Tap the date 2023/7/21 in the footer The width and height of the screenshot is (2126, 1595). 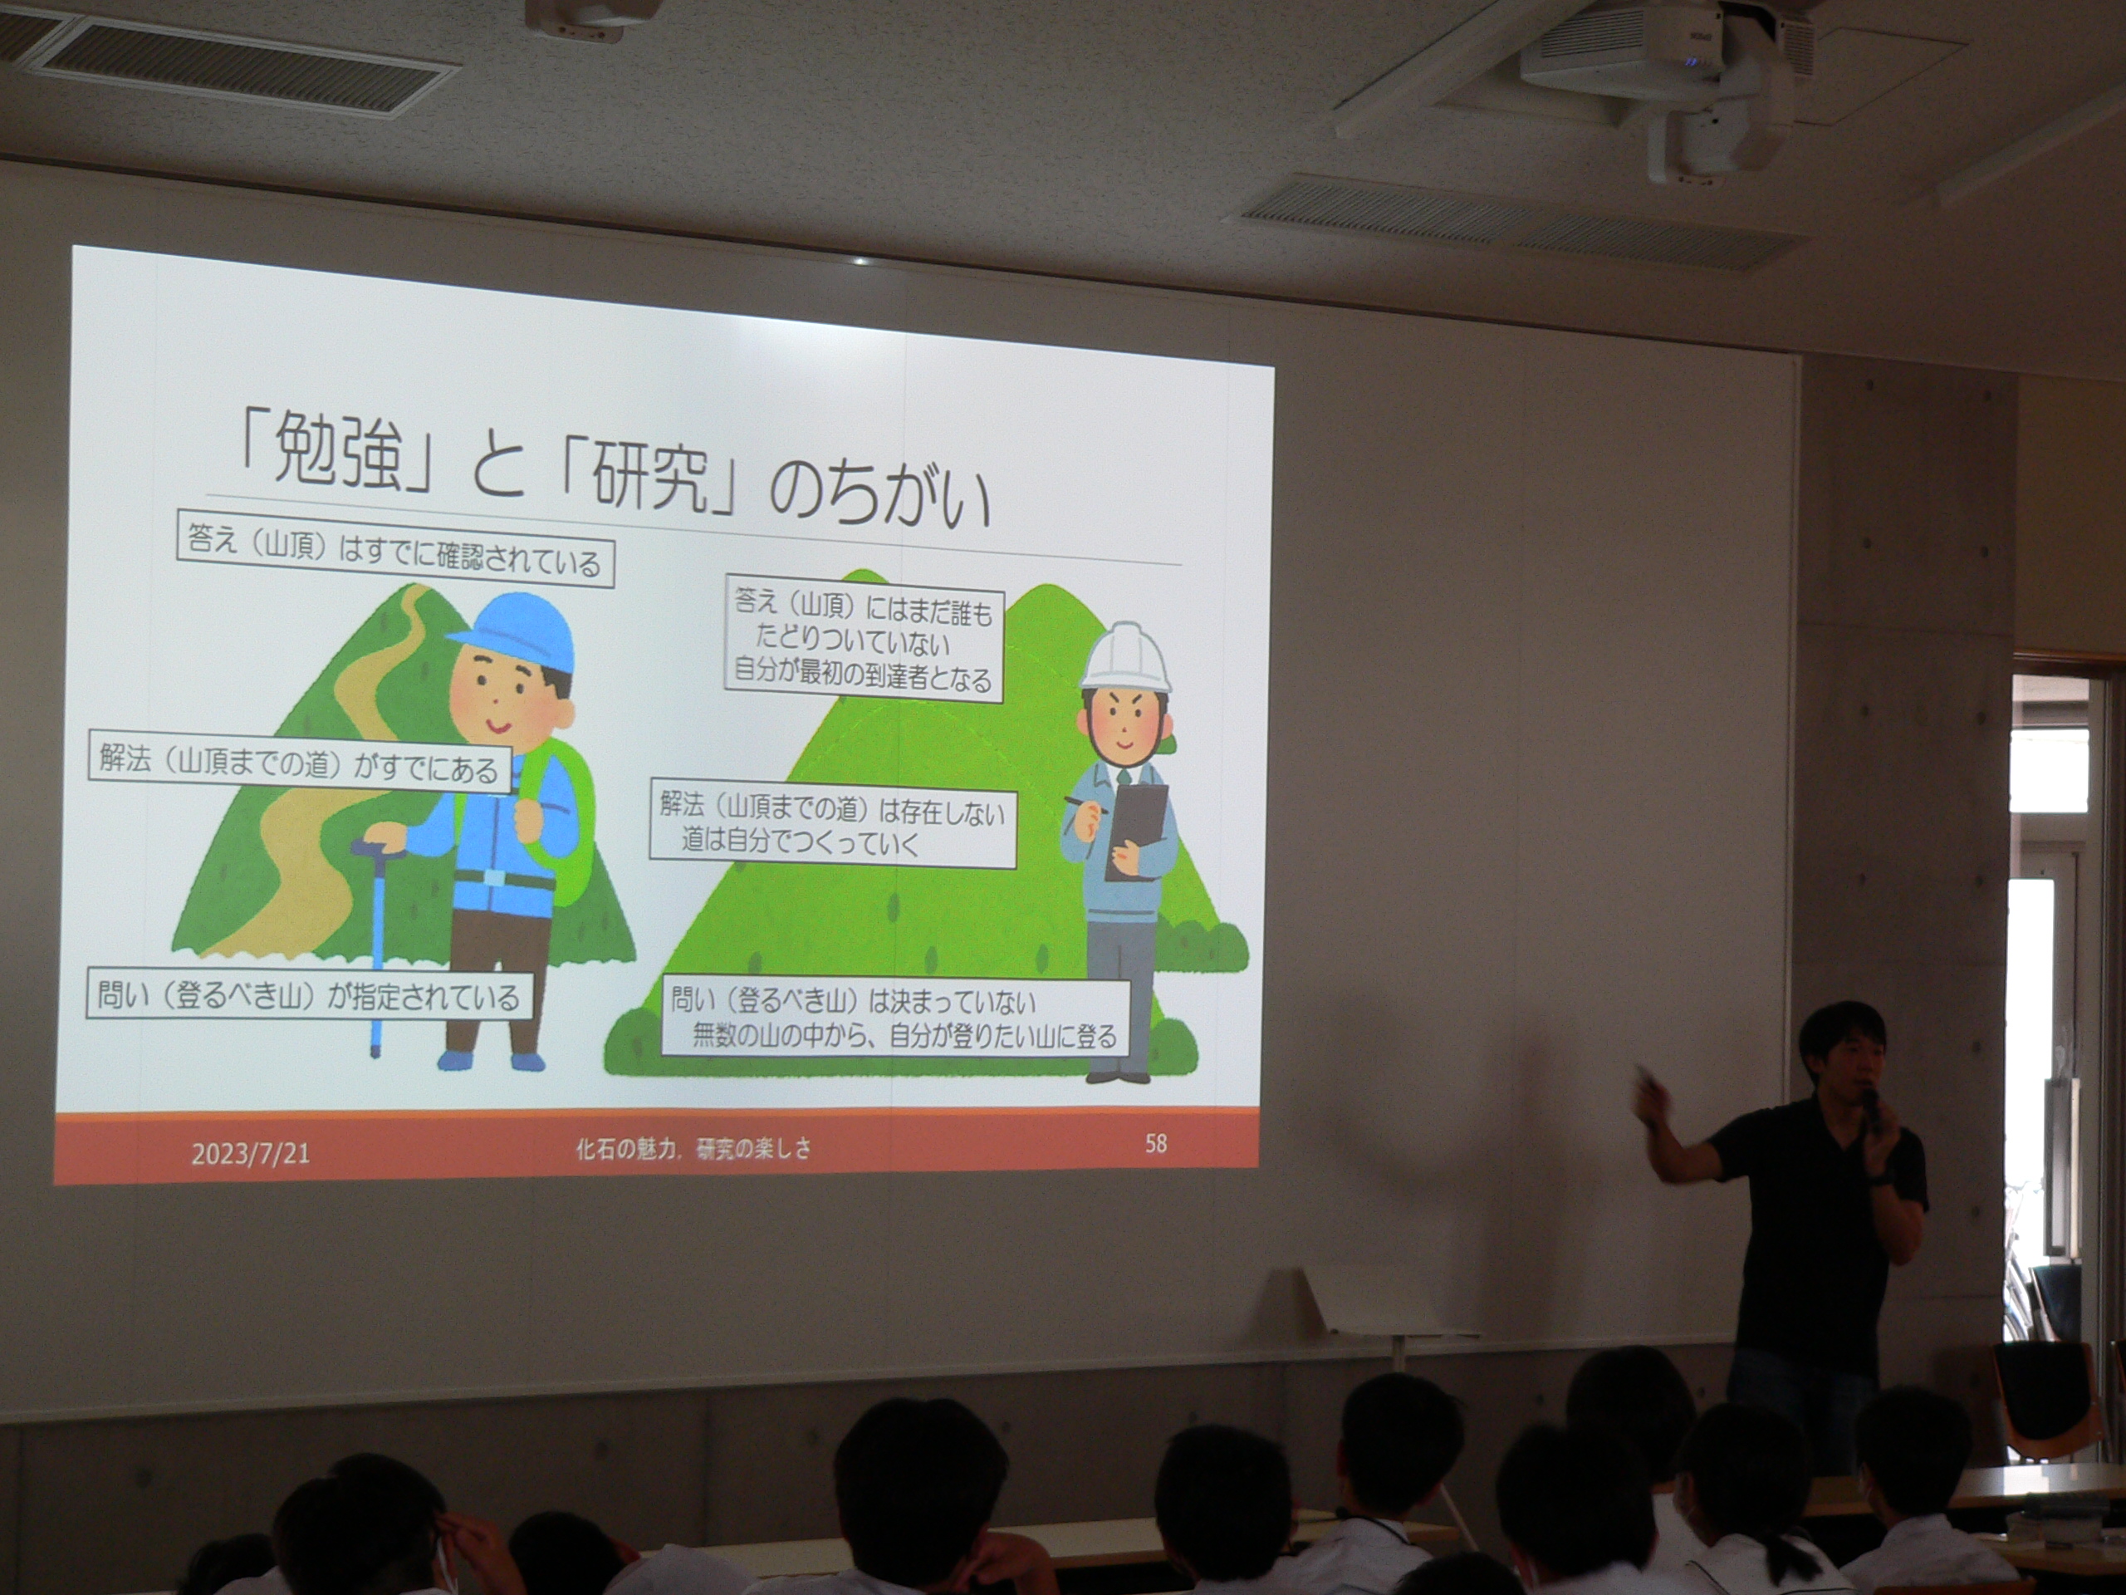click(x=250, y=1153)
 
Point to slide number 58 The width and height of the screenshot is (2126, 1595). click(x=1155, y=1143)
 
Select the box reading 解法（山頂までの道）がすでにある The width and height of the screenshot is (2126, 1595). click(x=299, y=763)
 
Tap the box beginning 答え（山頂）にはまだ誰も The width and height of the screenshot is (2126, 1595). click(x=862, y=640)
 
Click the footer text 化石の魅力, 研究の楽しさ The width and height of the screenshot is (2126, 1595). click(x=692, y=1148)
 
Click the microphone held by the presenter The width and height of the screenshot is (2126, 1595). click(x=1871, y=1108)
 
